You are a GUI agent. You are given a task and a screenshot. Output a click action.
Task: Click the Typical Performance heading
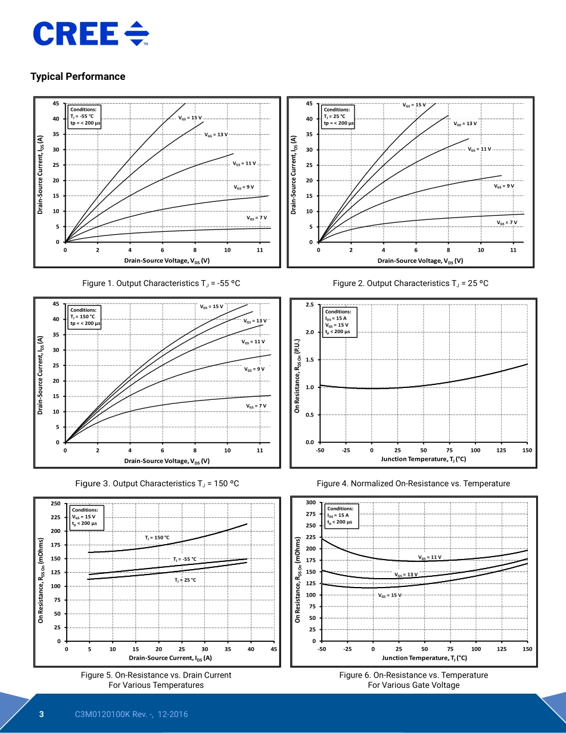[x=78, y=76]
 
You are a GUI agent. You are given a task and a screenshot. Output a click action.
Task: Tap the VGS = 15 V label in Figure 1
[x=190, y=117]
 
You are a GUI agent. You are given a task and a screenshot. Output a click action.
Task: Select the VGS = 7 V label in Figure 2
[x=507, y=222]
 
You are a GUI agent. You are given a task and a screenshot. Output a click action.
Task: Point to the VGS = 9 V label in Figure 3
[x=254, y=369]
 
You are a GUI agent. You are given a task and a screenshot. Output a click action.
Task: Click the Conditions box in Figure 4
[x=339, y=322]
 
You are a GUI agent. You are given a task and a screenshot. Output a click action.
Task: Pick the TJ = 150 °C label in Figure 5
[x=157, y=538]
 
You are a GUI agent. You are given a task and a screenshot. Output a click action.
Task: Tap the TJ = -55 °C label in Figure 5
[x=185, y=559]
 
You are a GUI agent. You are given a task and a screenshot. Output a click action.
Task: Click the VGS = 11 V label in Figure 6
[x=430, y=557]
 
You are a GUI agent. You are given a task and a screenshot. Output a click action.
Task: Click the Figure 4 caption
[x=413, y=483]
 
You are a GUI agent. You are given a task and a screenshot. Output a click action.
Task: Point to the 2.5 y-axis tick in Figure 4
[x=310, y=305]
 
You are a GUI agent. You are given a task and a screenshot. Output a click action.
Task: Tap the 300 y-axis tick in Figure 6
[x=310, y=503]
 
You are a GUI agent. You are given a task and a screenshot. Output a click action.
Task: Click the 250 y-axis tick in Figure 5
[x=55, y=504]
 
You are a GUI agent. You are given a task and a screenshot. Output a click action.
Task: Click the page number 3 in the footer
[x=42, y=715]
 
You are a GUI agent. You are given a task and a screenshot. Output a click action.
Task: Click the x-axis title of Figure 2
[x=420, y=261]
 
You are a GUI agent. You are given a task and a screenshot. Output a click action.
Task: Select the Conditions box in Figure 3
[x=85, y=316]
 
